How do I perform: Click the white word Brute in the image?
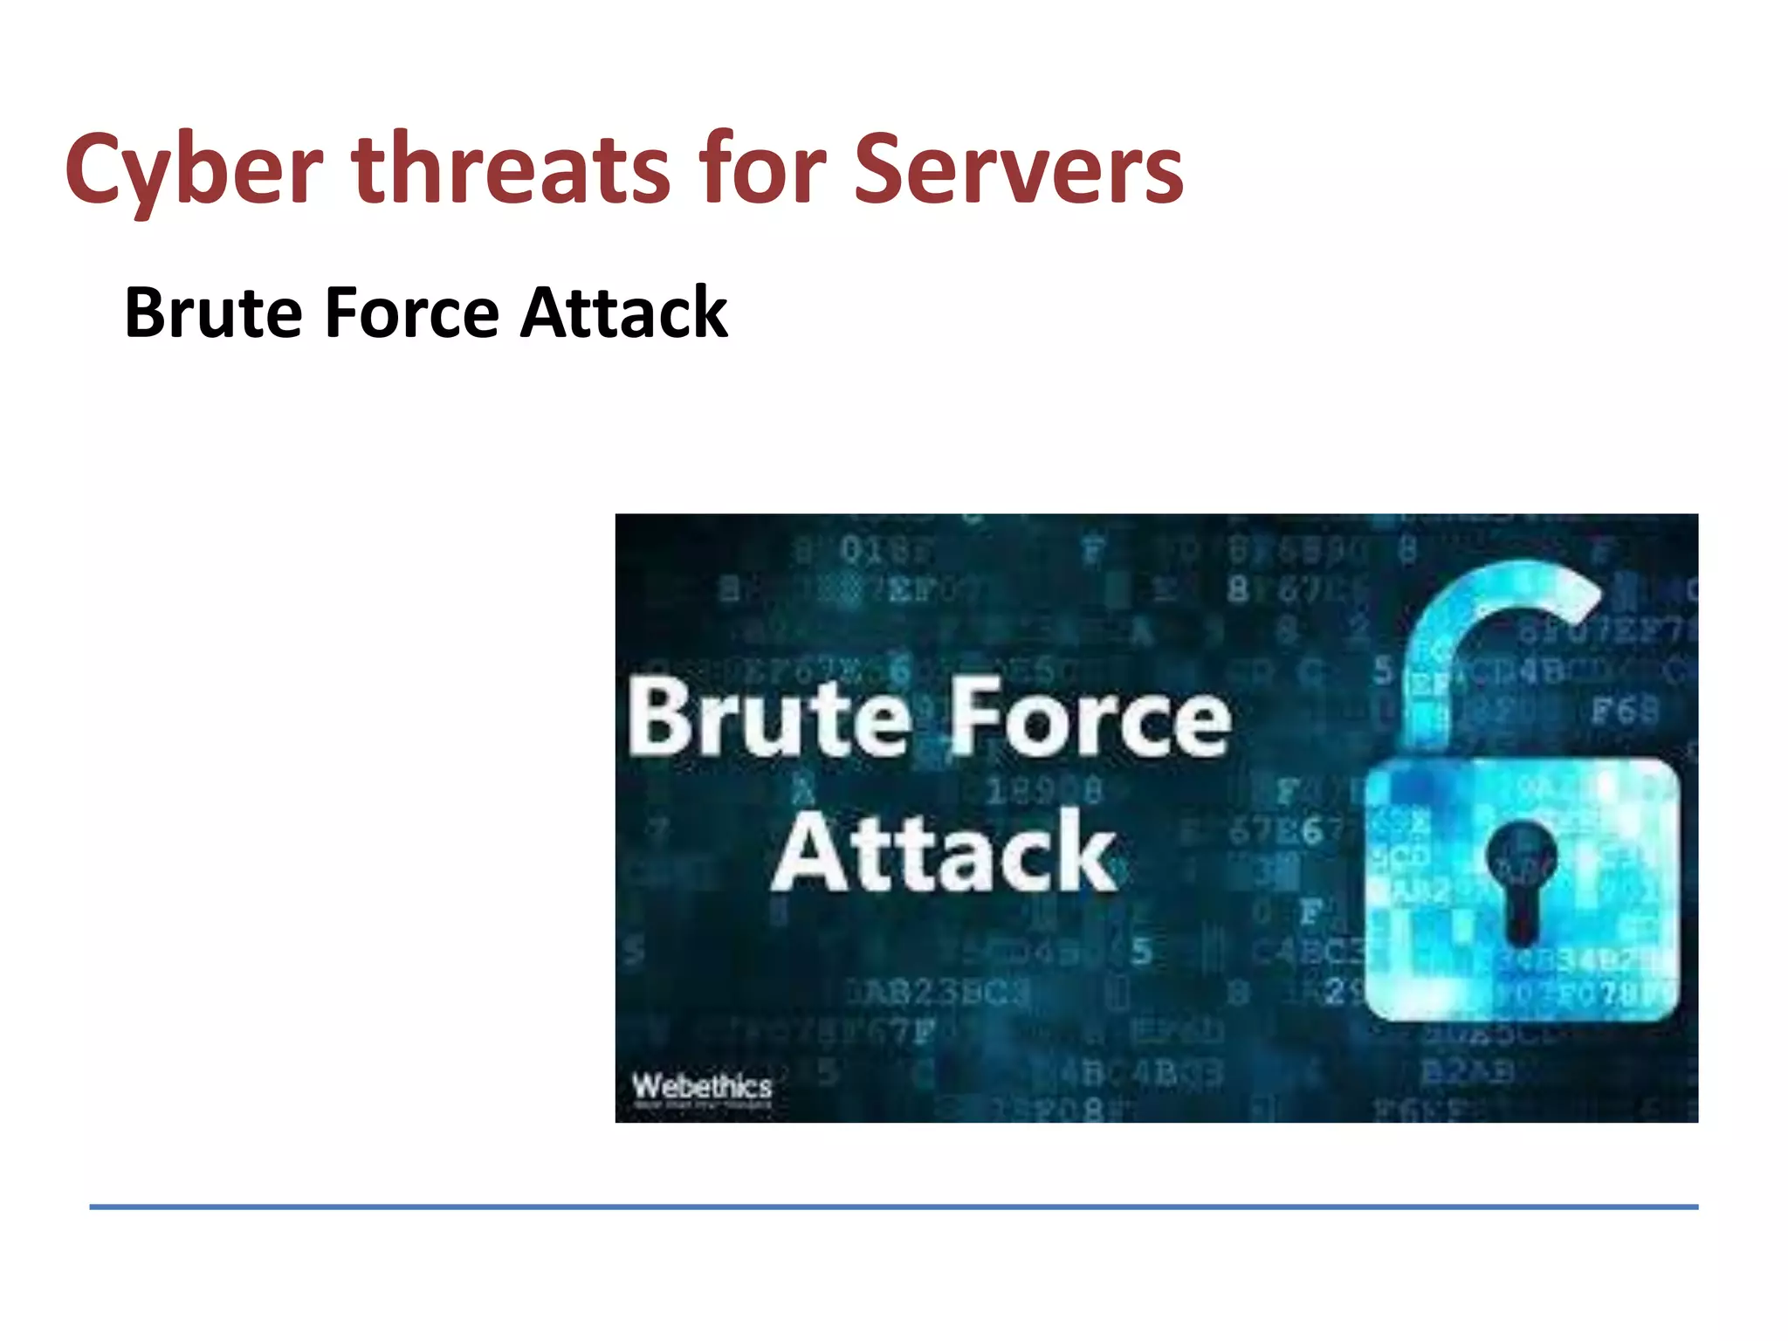768,718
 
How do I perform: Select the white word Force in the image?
1089,718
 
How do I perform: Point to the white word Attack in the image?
945,851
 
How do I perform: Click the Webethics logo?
702,1088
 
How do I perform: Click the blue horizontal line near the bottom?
893,1207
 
